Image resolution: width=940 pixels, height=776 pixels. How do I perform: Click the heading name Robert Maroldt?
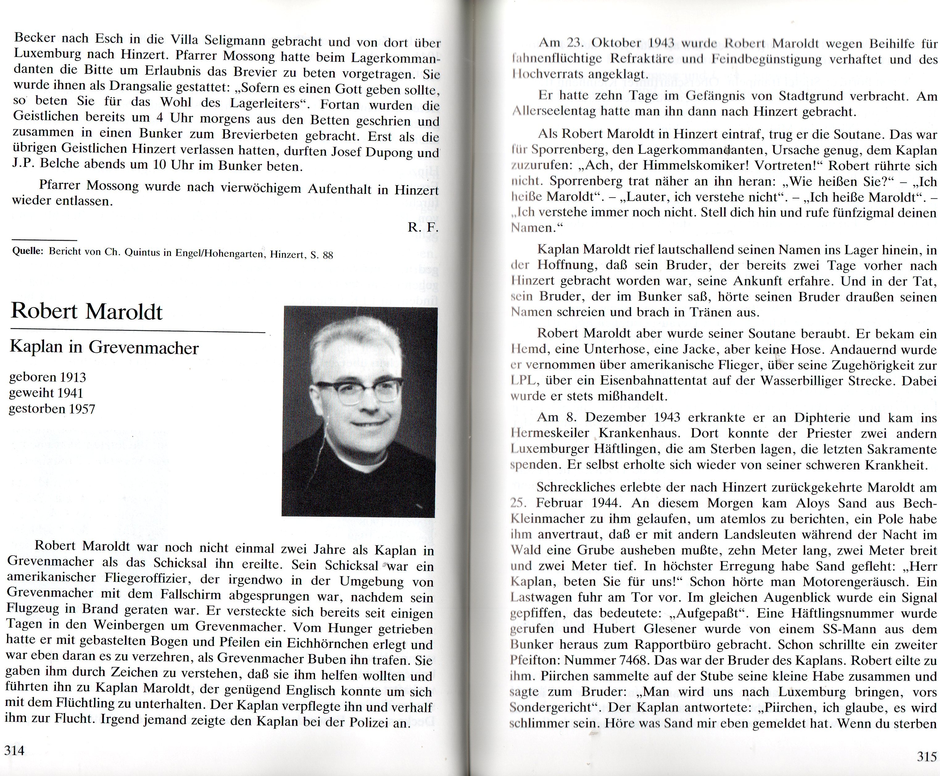[87, 311]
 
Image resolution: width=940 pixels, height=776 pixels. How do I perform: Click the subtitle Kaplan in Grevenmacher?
[104, 347]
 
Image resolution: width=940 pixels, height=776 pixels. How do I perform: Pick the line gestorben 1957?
[52, 409]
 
